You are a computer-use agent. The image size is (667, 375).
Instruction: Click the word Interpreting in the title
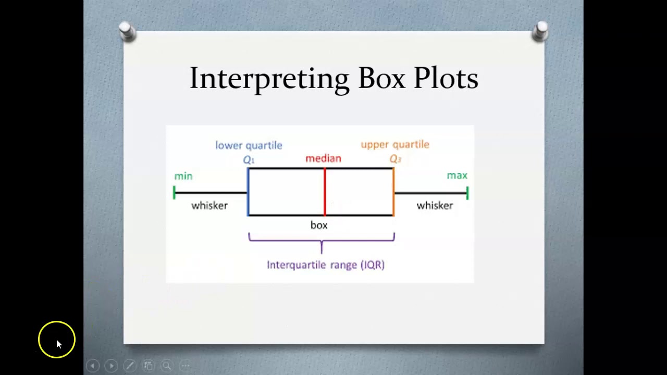pyautogui.click(x=269, y=79)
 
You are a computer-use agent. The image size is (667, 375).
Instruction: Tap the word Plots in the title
pyautogui.click(x=446, y=79)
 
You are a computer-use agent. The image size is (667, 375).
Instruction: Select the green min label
pyautogui.click(x=183, y=176)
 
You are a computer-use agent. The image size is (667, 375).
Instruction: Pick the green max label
pyautogui.click(x=457, y=176)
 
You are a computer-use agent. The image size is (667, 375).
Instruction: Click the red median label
pyautogui.click(x=323, y=158)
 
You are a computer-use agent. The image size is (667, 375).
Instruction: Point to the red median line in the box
pyautogui.click(x=325, y=192)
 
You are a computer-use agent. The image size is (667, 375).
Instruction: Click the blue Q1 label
pyautogui.click(x=249, y=160)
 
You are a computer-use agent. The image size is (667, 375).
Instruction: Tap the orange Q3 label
pyautogui.click(x=395, y=159)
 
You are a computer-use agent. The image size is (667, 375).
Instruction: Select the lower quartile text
pyautogui.click(x=249, y=145)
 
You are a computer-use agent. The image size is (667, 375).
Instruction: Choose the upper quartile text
pyautogui.click(x=395, y=144)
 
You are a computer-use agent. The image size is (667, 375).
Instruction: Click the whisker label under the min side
pyautogui.click(x=209, y=206)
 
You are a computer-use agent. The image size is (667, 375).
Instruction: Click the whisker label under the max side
pyautogui.click(x=435, y=206)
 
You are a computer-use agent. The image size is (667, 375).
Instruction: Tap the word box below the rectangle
pyautogui.click(x=319, y=225)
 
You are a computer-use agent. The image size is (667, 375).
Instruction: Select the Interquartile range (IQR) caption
pyautogui.click(x=326, y=265)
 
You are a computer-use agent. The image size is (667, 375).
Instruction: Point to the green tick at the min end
pyautogui.click(x=174, y=193)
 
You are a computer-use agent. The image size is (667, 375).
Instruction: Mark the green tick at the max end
pyautogui.click(x=467, y=193)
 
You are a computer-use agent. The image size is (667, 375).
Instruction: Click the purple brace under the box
pyautogui.click(x=322, y=241)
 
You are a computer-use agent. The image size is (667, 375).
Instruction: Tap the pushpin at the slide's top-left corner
pyautogui.click(x=127, y=31)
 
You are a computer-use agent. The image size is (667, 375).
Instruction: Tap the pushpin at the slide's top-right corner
pyautogui.click(x=540, y=31)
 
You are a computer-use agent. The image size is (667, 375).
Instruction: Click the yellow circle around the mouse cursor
pyautogui.click(x=57, y=340)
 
